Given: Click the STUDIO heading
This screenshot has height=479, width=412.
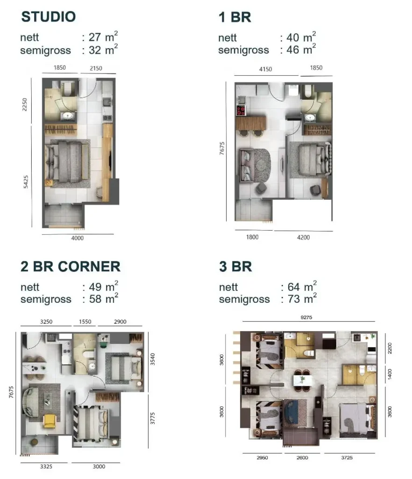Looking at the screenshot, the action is click(49, 17).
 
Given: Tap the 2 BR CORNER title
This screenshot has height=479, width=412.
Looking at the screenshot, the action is click(71, 266).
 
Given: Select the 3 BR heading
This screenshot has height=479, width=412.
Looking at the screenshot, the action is click(235, 266).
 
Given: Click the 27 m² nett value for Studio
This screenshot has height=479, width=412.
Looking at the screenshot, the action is click(103, 36).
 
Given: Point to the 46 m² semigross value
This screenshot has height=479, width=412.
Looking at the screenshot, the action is click(301, 49).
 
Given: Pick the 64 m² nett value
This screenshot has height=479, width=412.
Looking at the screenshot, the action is click(302, 286).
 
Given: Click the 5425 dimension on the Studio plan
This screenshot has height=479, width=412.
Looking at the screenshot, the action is click(26, 182).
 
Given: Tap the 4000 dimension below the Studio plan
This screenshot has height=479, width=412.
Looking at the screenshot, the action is click(78, 238).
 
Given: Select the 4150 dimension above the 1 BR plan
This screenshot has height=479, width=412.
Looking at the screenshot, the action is click(266, 69).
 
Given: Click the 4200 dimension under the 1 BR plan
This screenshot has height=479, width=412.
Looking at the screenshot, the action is click(304, 237).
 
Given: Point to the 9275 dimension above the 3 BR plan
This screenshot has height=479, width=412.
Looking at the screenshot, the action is click(306, 318).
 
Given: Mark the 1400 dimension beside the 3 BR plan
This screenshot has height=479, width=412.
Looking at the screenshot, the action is click(390, 374).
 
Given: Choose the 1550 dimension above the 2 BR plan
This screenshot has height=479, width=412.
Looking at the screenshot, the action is click(85, 322).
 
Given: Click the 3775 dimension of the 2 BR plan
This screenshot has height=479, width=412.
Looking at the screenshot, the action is click(153, 418).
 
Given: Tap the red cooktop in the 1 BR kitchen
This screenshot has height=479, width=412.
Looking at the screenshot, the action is click(241, 110).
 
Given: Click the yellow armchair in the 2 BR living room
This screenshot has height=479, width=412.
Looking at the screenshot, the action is click(50, 421).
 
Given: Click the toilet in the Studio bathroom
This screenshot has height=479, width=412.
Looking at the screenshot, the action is click(67, 88).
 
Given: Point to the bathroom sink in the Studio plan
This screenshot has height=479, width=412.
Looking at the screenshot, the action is click(67, 116).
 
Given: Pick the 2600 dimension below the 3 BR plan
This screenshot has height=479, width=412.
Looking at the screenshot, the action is click(302, 457).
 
